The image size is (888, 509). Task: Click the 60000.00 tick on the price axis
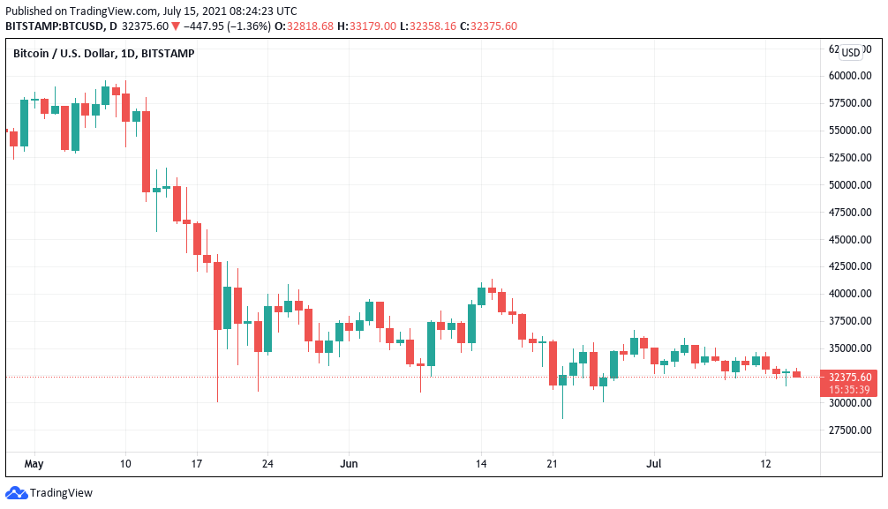(850, 75)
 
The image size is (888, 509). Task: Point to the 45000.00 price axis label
(850, 239)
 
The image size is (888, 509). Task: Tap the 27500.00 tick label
(850, 430)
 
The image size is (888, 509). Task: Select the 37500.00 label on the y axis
(850, 320)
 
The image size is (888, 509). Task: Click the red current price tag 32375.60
(850, 377)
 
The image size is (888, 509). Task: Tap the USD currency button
(851, 53)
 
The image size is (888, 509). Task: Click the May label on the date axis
(34, 464)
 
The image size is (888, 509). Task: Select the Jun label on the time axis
(349, 464)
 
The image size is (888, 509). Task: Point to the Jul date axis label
(654, 464)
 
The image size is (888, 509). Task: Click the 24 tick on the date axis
(267, 464)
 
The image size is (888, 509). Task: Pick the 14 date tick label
(481, 464)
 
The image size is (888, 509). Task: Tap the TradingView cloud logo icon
(16, 493)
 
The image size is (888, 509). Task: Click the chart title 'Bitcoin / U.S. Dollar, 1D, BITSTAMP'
(103, 53)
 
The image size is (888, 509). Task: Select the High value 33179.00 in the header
(373, 26)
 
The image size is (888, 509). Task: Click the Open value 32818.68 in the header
(311, 26)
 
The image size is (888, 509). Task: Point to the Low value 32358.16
(433, 26)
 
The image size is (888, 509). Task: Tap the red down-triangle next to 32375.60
(176, 26)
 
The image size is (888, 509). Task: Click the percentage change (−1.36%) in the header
(249, 26)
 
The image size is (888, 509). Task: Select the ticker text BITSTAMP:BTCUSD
(55, 26)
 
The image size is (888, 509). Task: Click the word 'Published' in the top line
(28, 11)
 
